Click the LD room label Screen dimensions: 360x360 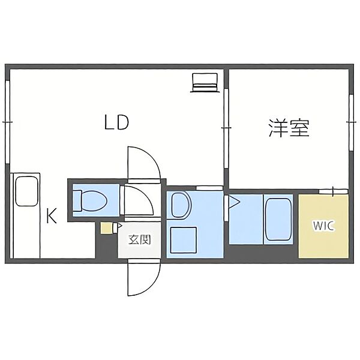[116, 122]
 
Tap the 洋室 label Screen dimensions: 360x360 [289, 128]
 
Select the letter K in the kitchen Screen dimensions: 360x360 [51, 215]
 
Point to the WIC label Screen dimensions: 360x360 [323, 226]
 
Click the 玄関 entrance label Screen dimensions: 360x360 [140, 239]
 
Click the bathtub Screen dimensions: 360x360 [278, 219]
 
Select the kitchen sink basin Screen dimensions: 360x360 [26, 191]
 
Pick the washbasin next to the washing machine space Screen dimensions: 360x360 [181, 205]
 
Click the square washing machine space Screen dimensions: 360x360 [183, 239]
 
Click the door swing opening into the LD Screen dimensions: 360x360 [144, 163]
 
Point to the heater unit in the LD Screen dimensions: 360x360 [205, 83]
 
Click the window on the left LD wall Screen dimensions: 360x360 [8, 122]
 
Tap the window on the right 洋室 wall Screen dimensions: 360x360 [351, 122]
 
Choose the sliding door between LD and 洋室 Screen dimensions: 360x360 [226, 128]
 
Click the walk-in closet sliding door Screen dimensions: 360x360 [334, 191]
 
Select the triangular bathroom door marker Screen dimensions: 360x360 [235, 202]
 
